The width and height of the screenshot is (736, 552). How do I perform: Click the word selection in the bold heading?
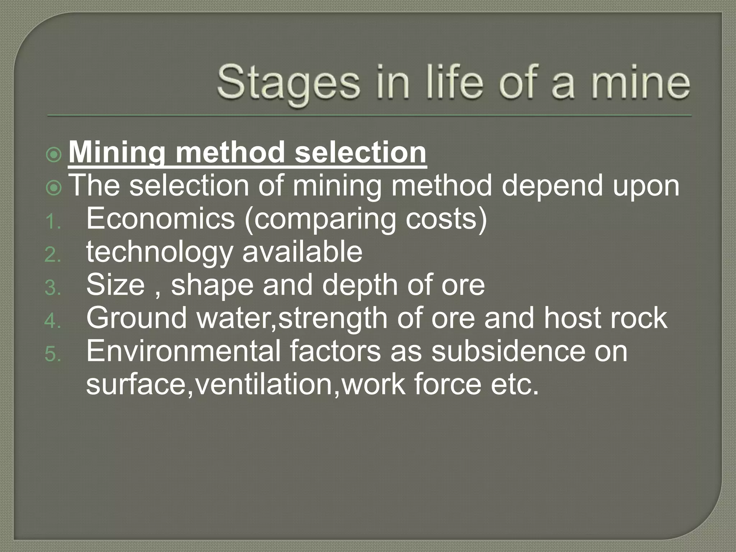(360, 153)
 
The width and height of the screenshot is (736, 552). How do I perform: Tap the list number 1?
(52, 222)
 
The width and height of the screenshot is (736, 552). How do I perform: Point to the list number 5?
(52, 355)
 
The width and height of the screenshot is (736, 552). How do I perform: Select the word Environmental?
(183, 351)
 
